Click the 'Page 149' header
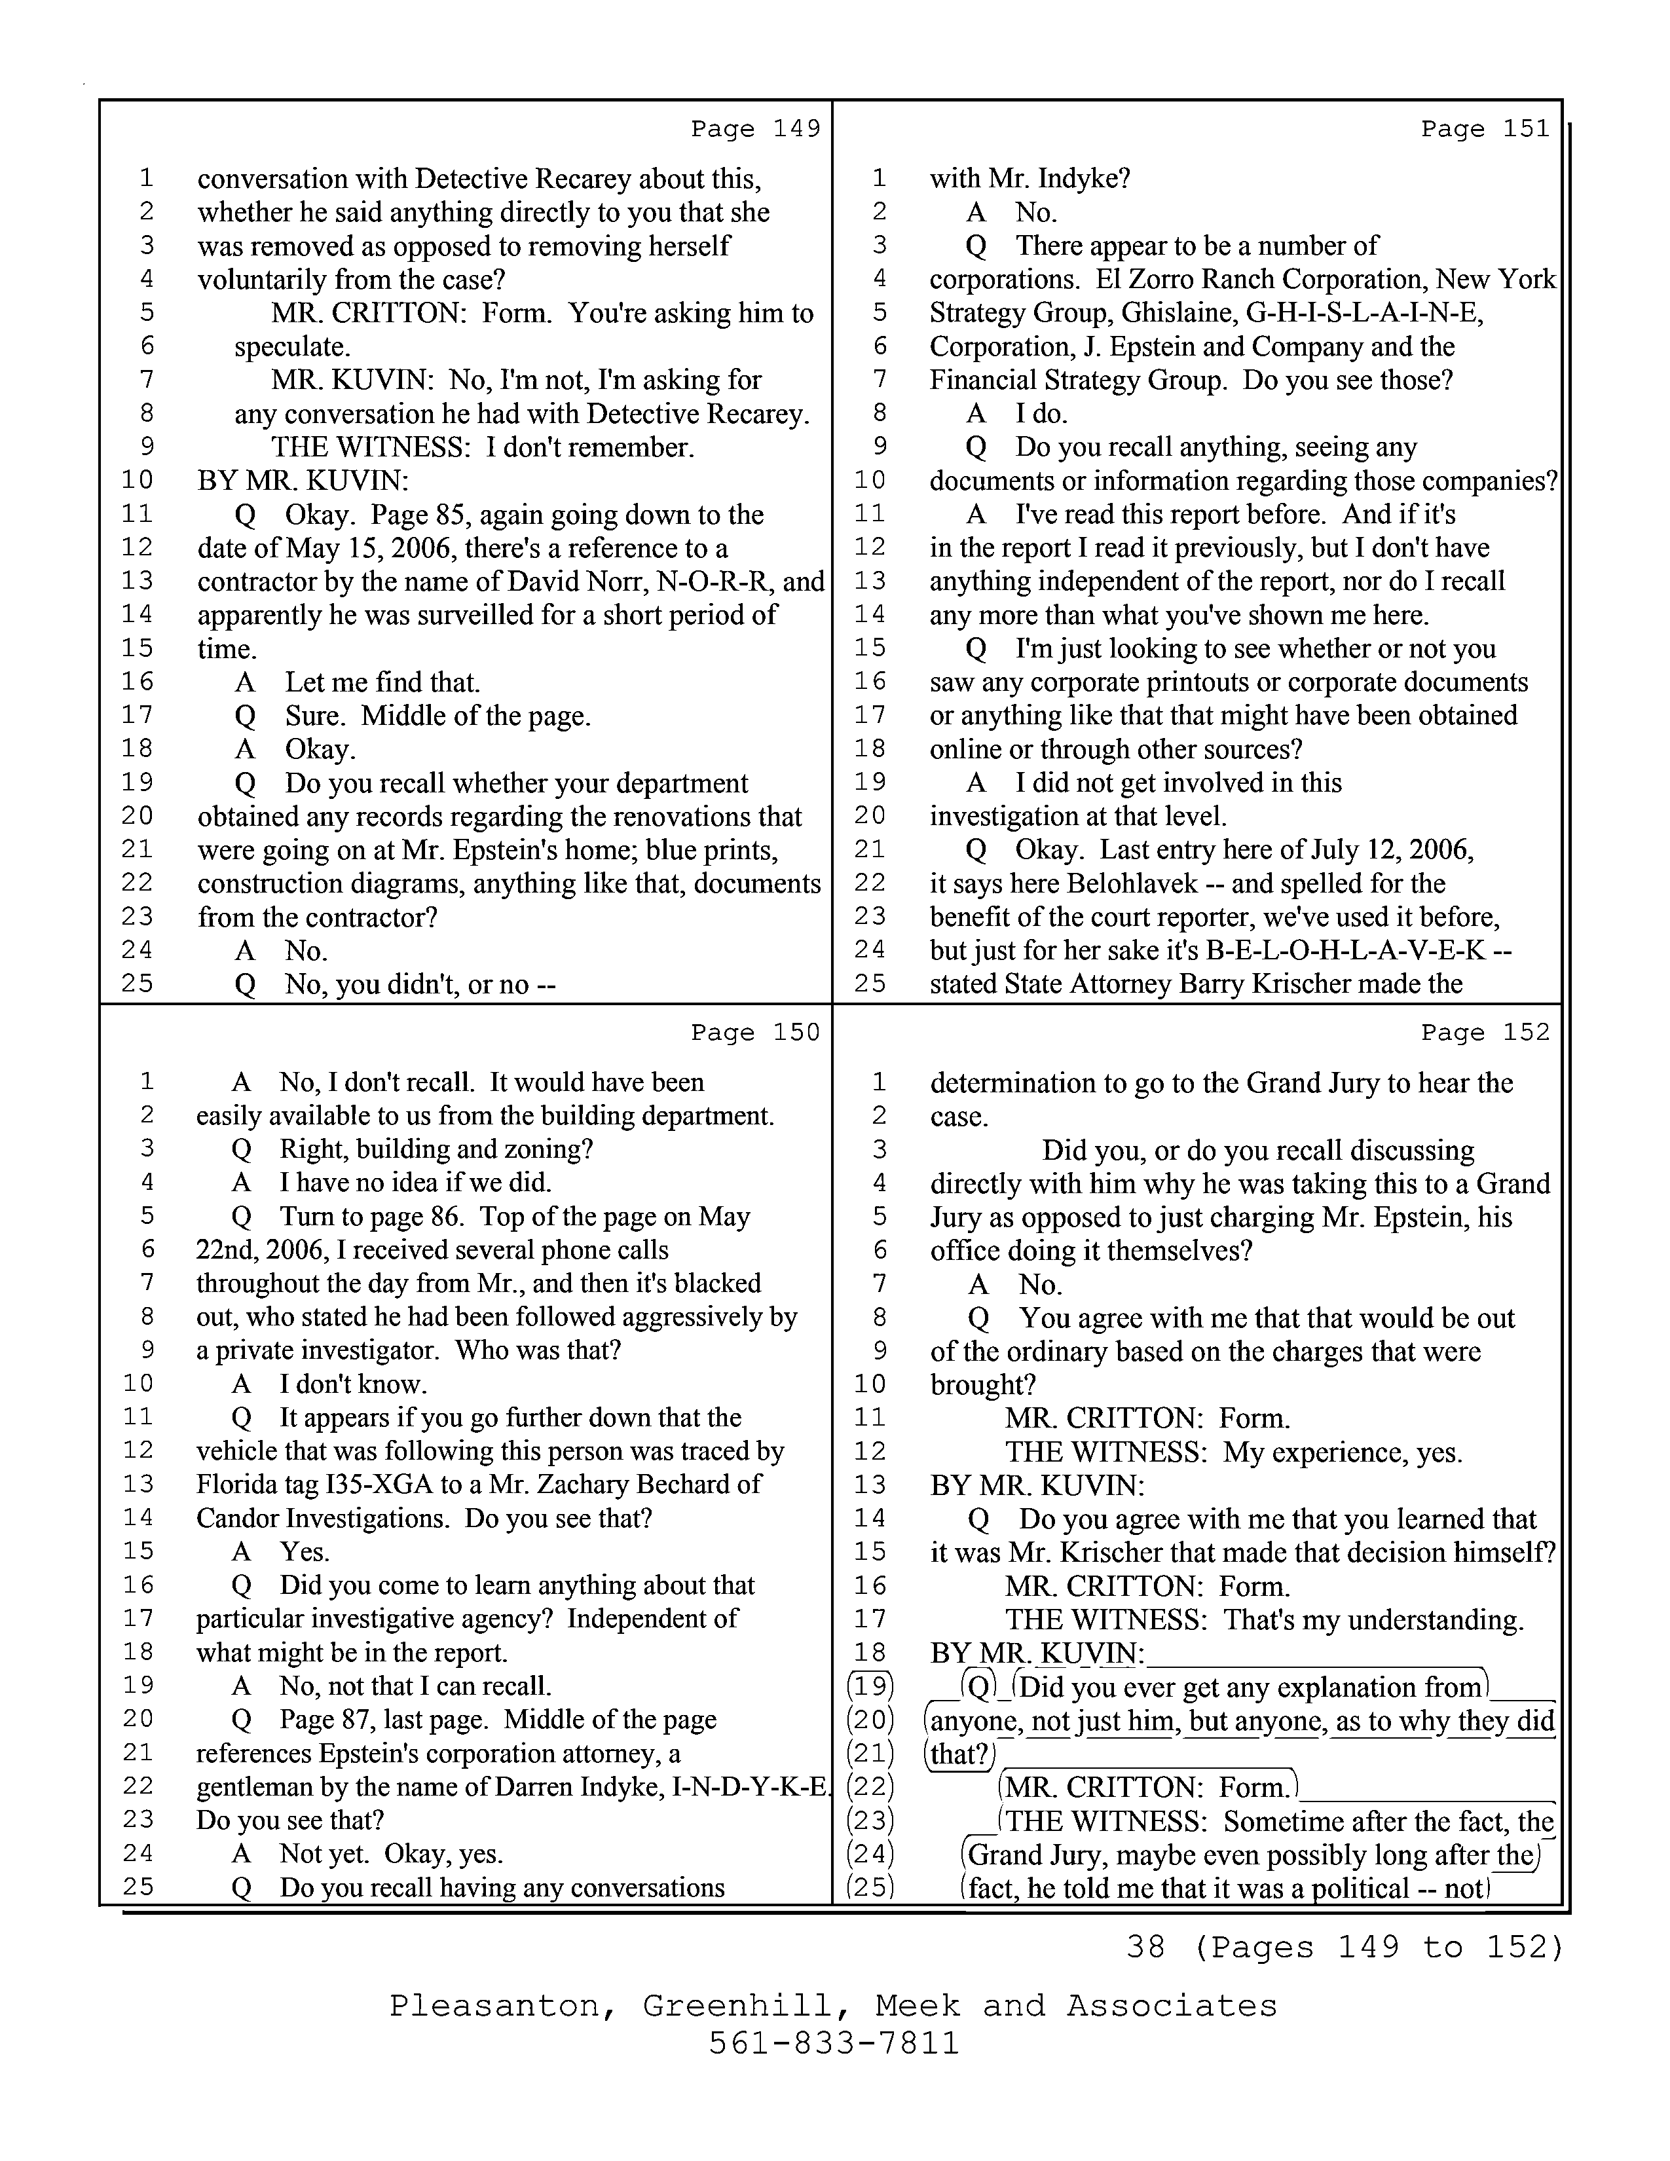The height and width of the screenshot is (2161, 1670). pyautogui.click(x=756, y=128)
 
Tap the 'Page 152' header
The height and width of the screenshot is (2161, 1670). pyautogui.click(x=1485, y=1032)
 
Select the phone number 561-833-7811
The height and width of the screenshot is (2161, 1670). pyautogui.click(x=834, y=2042)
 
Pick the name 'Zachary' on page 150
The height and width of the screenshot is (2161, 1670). pyautogui.click(x=582, y=1484)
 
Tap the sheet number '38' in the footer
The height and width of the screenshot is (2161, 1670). pyautogui.click(x=1145, y=1948)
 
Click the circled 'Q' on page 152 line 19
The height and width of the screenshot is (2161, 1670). pyautogui.click(x=978, y=1686)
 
